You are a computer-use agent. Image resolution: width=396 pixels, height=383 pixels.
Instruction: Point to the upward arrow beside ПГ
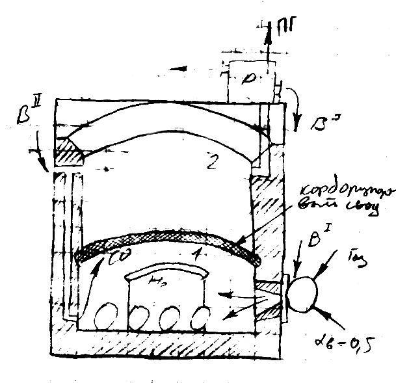(267, 36)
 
